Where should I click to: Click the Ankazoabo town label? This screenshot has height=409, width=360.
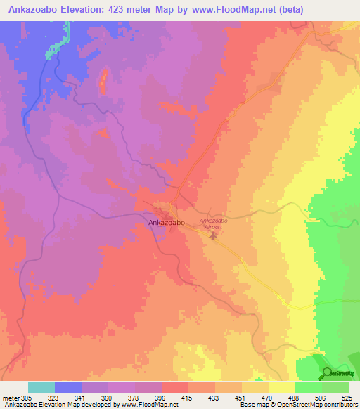tap(167, 223)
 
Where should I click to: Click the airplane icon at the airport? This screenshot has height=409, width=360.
tap(214, 235)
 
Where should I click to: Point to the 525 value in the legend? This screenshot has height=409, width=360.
tap(347, 398)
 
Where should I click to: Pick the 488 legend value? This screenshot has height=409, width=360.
tap(295, 398)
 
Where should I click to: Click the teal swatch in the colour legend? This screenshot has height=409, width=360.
tap(41, 387)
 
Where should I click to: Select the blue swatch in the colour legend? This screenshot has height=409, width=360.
tap(68, 387)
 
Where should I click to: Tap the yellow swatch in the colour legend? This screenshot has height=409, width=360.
tap(281, 387)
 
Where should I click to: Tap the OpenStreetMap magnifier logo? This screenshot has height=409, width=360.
tap(328, 372)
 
